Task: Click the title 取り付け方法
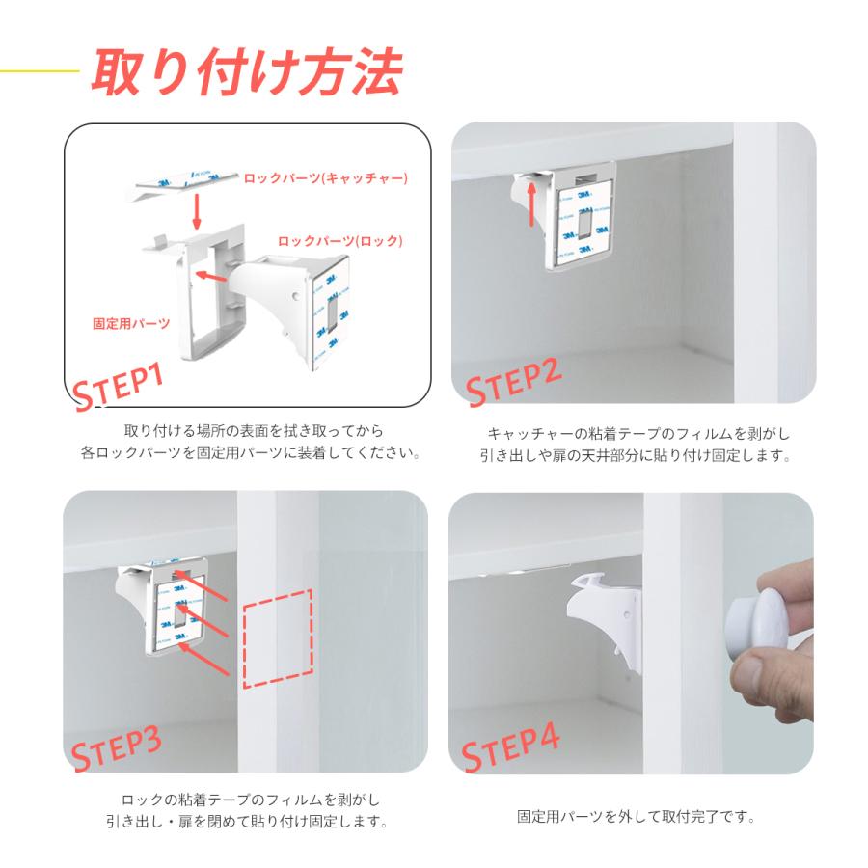[x=247, y=72]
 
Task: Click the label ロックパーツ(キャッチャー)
[x=326, y=177]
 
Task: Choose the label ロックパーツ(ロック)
[x=339, y=241]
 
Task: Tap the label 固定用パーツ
[x=131, y=323]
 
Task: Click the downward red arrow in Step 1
[x=196, y=211]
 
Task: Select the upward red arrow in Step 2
[x=532, y=203]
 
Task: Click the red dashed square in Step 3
[x=278, y=638]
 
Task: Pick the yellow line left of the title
[x=40, y=70]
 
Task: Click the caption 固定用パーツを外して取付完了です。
[x=637, y=817]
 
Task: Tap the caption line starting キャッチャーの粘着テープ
[x=638, y=433]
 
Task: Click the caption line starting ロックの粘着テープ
[x=251, y=800]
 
